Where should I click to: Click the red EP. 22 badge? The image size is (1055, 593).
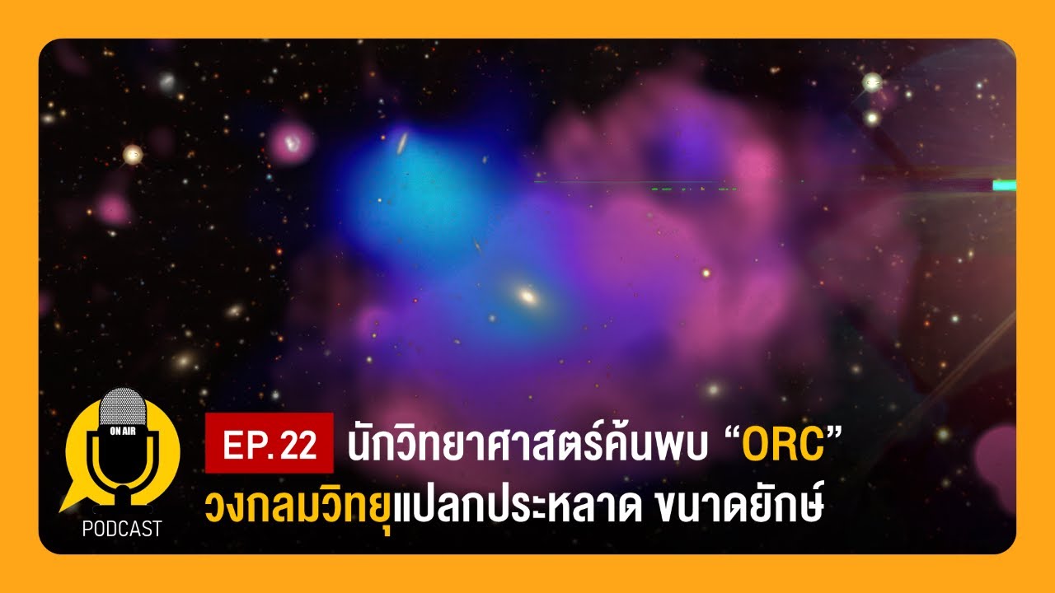[x=270, y=444]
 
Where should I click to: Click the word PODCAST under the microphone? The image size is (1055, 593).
[x=122, y=529]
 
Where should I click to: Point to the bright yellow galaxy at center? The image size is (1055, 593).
[x=527, y=294]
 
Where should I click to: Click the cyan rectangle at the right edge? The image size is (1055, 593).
[x=1004, y=185]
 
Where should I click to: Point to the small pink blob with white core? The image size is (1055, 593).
[x=291, y=143]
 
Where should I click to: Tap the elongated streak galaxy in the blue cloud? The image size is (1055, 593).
[x=401, y=142]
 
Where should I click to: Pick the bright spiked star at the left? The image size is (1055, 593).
[x=133, y=154]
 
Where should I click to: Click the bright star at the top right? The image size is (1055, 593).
[x=872, y=82]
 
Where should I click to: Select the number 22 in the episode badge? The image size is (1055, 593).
[x=298, y=445]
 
